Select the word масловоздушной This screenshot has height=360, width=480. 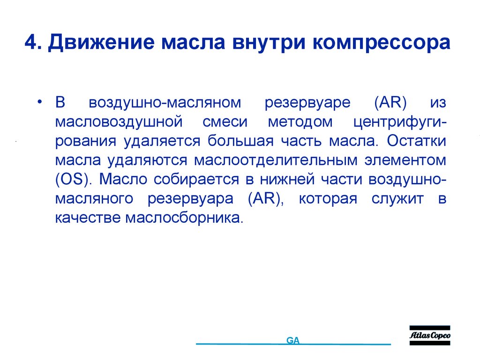tap(119, 122)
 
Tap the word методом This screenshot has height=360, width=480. tap(300, 122)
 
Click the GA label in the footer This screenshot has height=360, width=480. tap(293, 341)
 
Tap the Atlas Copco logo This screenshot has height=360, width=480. tap(430, 336)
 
